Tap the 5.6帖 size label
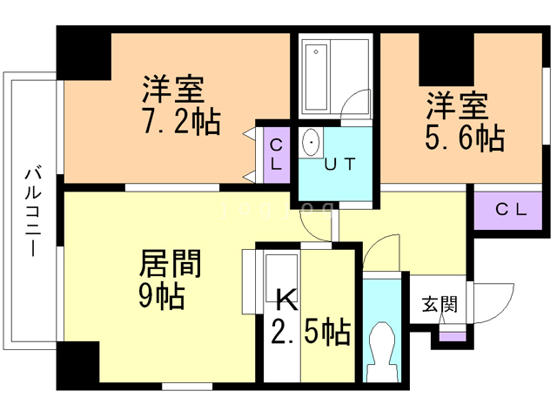point(466,137)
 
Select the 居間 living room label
point(171,264)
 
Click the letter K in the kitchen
point(286,300)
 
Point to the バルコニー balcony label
point(33,209)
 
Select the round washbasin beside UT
point(311,141)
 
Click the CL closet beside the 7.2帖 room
point(276,153)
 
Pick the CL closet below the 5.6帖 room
point(511,209)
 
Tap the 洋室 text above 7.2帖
point(173,89)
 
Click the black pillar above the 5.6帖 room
point(445,57)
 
